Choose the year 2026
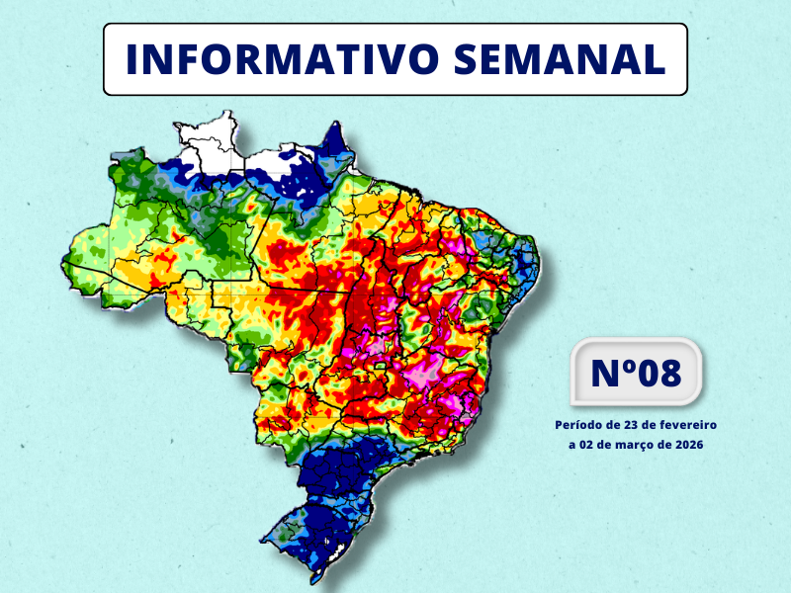[688, 446]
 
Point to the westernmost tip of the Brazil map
[65, 261]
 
